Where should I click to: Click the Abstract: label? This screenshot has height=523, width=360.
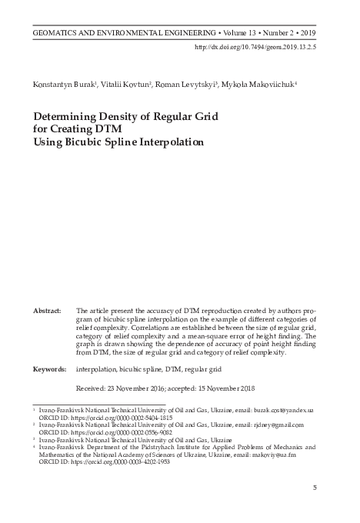click(47, 310)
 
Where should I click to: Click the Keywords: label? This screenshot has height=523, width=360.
click(49, 369)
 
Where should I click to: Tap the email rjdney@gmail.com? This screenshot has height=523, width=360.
click(278, 425)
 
